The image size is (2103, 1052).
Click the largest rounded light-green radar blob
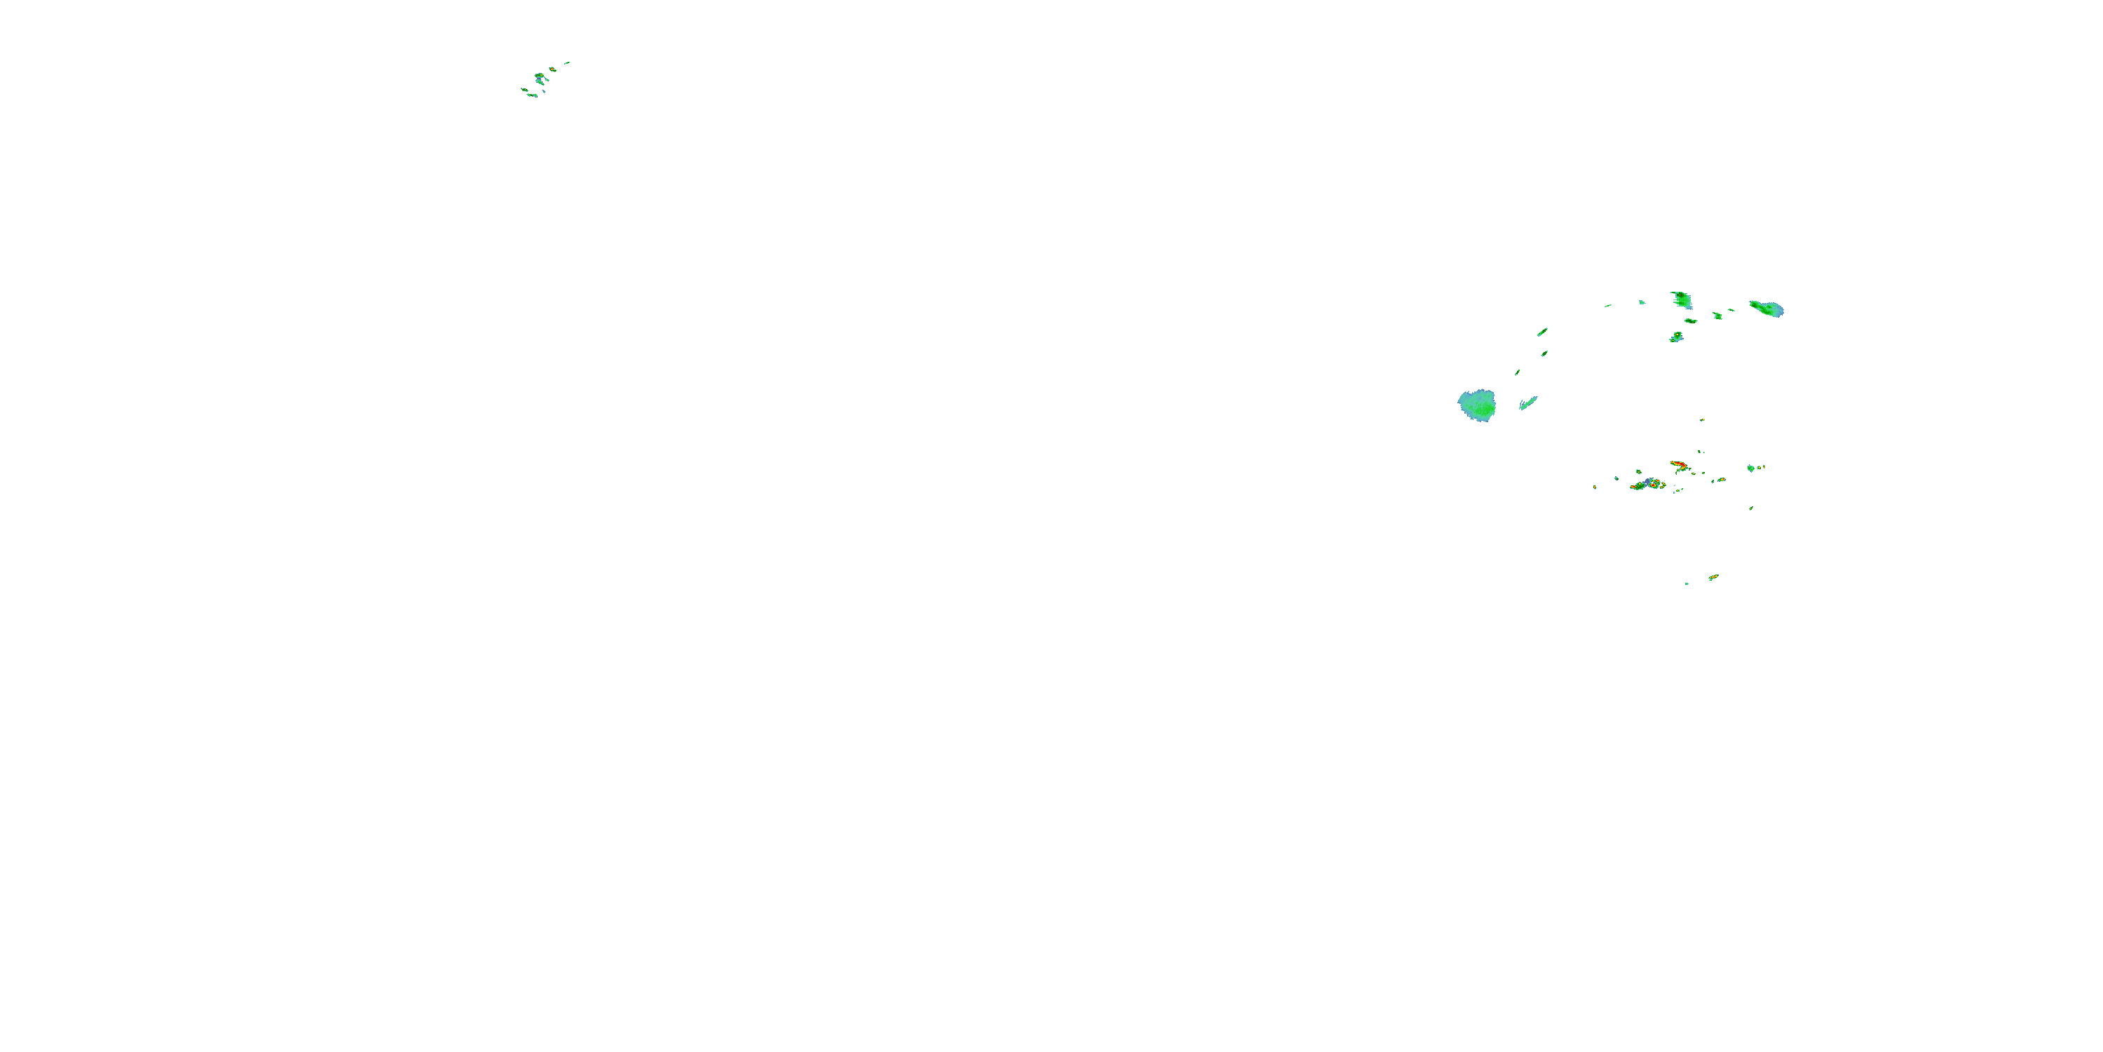tap(1477, 405)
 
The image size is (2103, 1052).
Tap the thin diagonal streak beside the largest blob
tap(1527, 403)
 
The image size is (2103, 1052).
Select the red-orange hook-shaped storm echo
tap(1678, 465)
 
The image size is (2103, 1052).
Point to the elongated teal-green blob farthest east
tap(1767, 309)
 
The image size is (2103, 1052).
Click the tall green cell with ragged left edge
tap(1681, 299)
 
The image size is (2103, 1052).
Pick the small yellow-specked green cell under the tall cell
tap(1676, 337)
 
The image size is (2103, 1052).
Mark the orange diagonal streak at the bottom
tap(1713, 577)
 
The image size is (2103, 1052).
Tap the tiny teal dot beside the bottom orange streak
tap(1687, 584)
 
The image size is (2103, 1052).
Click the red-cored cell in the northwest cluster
tap(540, 76)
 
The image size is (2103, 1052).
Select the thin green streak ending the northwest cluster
tap(566, 62)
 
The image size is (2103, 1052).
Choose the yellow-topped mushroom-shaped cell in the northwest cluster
tap(552, 69)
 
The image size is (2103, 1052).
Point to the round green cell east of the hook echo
tap(1750, 468)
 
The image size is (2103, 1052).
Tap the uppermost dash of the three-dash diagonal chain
tap(1542, 332)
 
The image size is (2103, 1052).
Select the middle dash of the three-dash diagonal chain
tap(1544, 353)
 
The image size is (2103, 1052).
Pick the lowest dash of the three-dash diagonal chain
tap(1517, 372)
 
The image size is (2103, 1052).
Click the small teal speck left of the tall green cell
tap(1642, 302)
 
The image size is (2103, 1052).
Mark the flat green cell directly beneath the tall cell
tap(1691, 321)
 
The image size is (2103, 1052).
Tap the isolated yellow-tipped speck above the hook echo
tap(1701, 420)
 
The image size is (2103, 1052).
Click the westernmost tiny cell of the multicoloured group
tap(1594, 487)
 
